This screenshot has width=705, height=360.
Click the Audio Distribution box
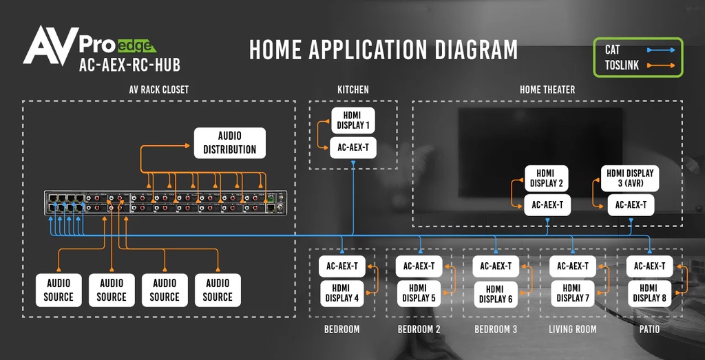click(229, 142)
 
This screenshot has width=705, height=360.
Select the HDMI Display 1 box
click(353, 120)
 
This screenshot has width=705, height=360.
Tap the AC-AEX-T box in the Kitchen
click(353, 147)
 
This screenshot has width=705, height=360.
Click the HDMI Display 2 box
click(547, 178)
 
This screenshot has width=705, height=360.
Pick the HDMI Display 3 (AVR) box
click(630, 178)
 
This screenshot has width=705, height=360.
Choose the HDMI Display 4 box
click(342, 293)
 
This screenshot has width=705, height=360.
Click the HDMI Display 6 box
click(496, 293)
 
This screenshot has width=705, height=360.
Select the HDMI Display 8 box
click(650, 293)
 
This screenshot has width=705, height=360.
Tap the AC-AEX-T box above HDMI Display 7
click(573, 266)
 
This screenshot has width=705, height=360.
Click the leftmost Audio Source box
click(59, 290)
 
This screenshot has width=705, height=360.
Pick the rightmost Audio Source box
click(218, 290)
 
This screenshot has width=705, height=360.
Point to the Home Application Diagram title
click(383, 50)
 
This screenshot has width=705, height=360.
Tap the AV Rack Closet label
click(158, 89)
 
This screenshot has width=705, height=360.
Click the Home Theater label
click(547, 89)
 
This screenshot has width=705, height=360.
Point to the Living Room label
click(573, 330)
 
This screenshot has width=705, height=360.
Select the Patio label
click(649, 330)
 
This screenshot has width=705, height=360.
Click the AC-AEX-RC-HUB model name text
click(129, 66)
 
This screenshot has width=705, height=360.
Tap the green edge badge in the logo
click(136, 47)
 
